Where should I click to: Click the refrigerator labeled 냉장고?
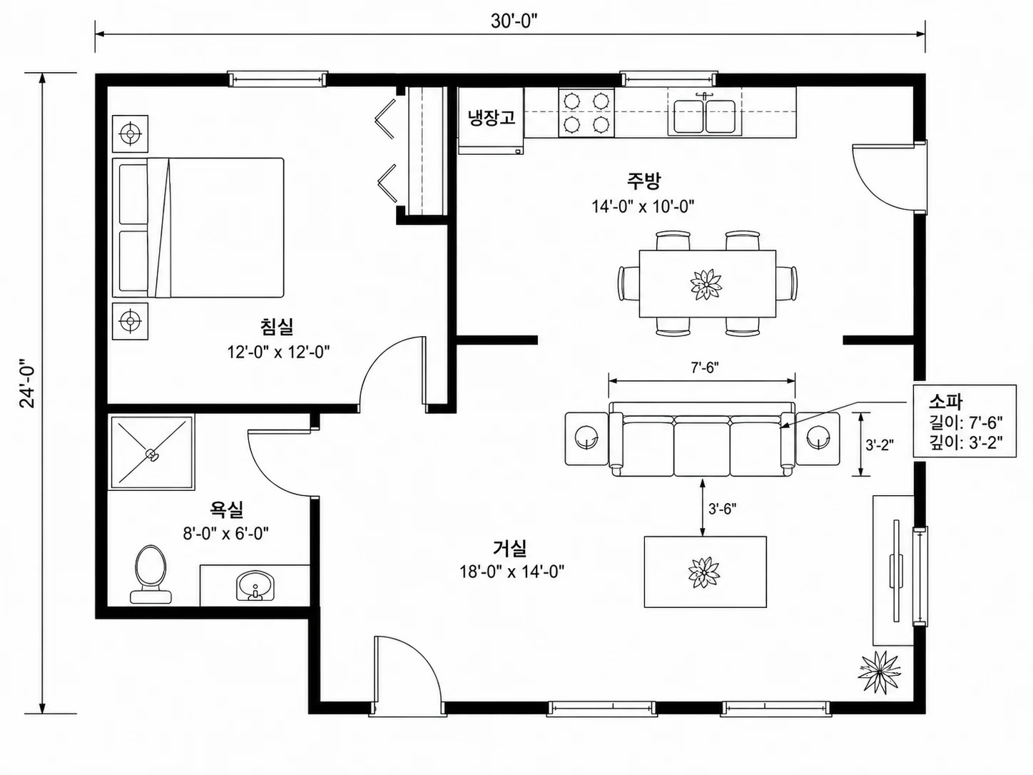pos(492,121)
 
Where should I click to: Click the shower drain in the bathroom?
pos(151,455)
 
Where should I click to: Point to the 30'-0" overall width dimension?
pos(514,21)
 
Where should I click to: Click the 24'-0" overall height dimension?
pos(28,383)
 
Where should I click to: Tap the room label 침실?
pos(278,327)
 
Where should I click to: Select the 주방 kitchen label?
pos(643,181)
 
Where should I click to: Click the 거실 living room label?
pos(510,548)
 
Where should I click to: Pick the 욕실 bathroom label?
pos(226,509)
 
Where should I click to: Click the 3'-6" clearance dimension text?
pos(723,509)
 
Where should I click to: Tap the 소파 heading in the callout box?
pos(945,401)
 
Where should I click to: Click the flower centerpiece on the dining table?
pos(706,284)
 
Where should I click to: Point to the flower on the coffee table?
pos(703,572)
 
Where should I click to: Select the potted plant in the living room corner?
pos(879,672)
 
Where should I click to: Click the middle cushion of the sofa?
pos(702,449)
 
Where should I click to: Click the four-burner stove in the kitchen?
pos(586,113)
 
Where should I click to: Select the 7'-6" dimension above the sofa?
pos(705,368)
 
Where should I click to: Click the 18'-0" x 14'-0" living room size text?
pos(512,572)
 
